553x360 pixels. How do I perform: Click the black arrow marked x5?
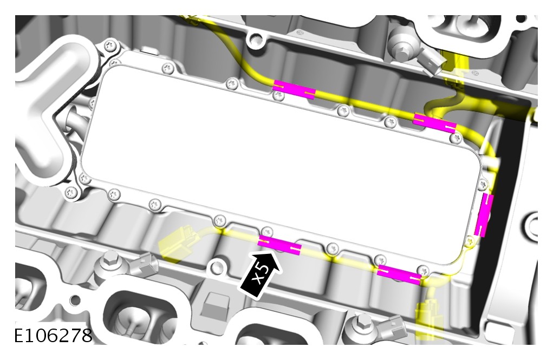[262, 273]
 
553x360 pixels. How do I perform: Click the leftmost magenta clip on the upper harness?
[295, 89]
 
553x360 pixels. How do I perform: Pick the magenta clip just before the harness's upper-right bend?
[434, 123]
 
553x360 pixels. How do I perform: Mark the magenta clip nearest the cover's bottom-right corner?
[399, 274]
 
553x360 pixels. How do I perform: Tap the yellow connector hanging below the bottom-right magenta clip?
[429, 316]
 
